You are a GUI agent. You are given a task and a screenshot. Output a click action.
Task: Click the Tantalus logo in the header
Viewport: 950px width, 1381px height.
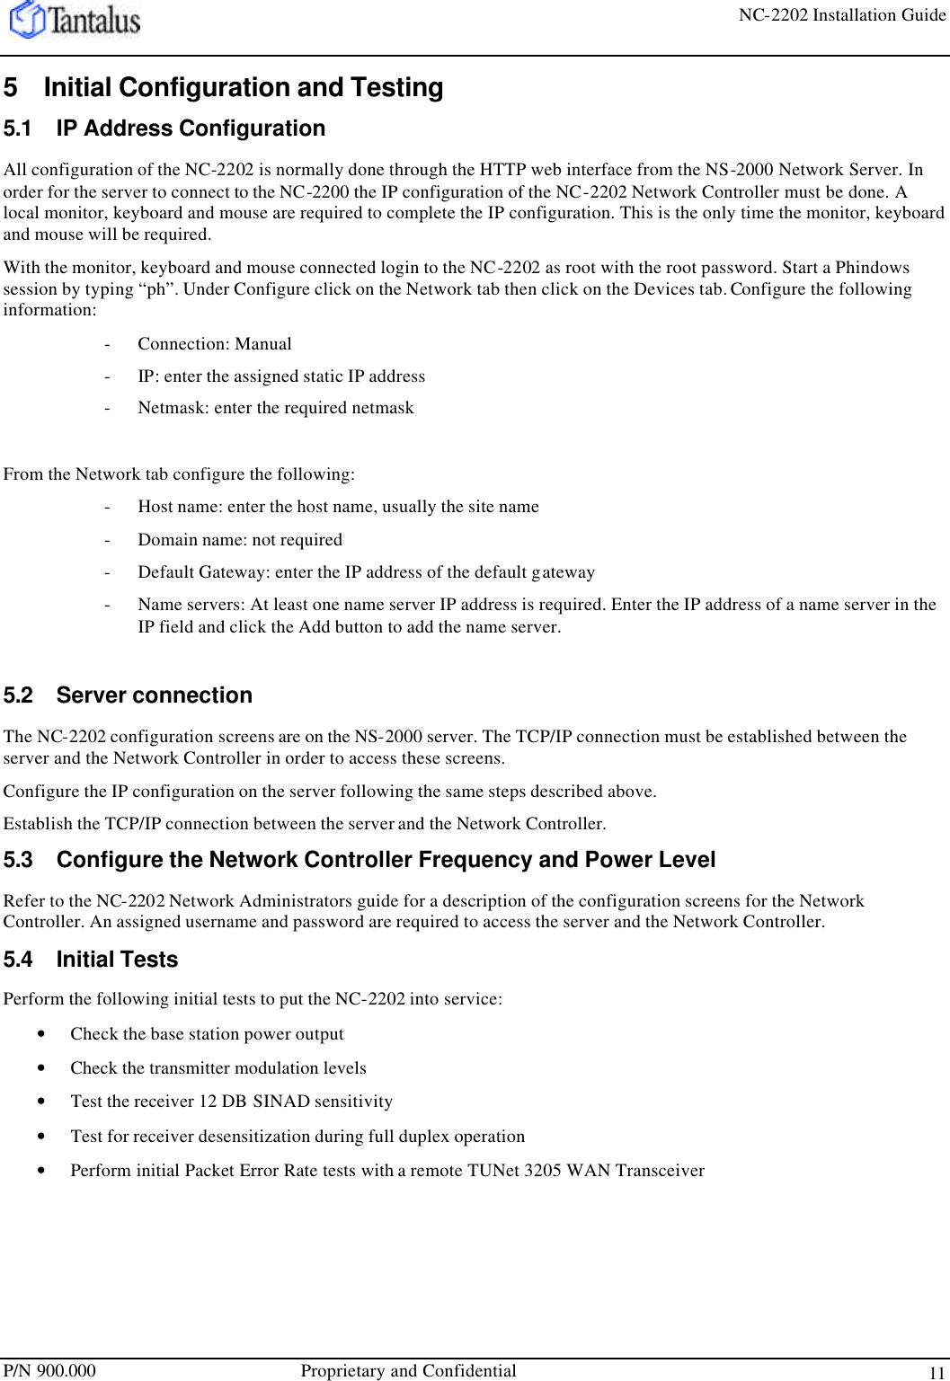coord(75,20)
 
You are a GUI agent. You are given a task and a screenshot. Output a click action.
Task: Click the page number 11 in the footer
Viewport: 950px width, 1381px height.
coord(937,1373)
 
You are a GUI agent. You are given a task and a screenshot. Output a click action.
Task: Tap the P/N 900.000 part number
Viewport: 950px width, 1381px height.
coord(49,1370)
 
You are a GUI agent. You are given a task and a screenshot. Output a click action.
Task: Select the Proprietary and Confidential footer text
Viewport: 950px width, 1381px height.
coord(408,1370)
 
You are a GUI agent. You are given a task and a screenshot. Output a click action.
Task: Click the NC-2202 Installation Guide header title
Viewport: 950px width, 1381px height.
coord(841,15)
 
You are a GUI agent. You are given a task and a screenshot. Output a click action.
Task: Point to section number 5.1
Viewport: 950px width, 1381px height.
coord(17,128)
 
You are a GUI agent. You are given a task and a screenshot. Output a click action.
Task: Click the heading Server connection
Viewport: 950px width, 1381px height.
coord(154,695)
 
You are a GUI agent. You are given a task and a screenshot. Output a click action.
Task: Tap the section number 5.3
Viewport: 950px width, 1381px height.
coord(17,860)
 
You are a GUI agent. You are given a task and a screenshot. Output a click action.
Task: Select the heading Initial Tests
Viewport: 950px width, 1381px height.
coord(117,960)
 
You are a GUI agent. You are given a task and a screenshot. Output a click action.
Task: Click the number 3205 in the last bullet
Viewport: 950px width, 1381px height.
coord(543,1171)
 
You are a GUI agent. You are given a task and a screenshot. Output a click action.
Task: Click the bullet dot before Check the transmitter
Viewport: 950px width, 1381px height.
coord(41,1068)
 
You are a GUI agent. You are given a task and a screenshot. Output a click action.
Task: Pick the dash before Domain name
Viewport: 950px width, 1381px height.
coord(108,540)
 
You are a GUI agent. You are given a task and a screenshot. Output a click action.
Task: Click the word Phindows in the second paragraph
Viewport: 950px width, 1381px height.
coord(872,268)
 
